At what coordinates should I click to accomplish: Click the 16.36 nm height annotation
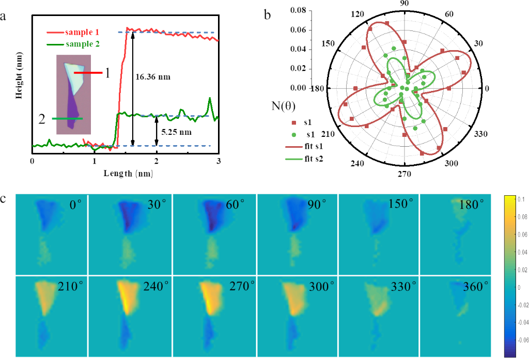click(153, 77)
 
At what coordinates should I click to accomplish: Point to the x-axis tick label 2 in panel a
click(157, 162)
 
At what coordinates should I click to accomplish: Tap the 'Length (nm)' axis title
click(125, 174)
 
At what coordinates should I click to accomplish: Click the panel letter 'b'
click(268, 15)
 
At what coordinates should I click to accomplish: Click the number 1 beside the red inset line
click(107, 73)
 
